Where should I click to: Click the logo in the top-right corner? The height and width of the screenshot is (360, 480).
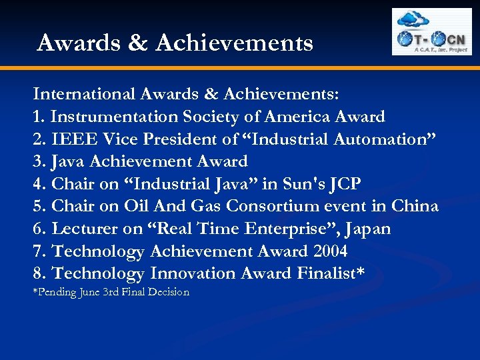[x=431, y=31]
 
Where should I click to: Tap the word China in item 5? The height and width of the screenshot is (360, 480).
[x=413, y=206]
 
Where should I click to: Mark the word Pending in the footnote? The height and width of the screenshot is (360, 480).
[x=56, y=292]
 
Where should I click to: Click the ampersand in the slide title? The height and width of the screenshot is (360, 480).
[x=136, y=43]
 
